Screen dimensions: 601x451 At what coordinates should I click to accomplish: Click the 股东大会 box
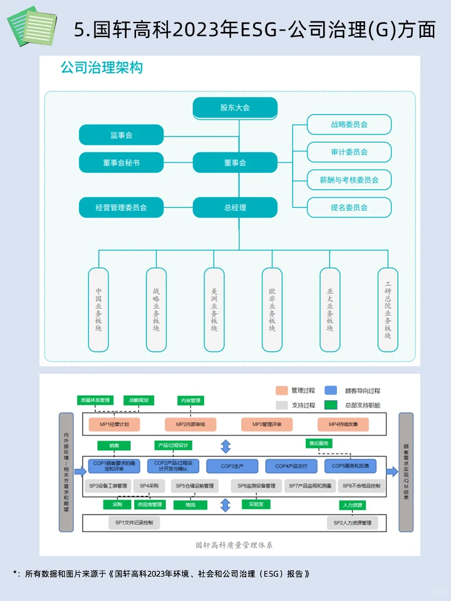235,108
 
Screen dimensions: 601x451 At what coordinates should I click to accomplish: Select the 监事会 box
121,135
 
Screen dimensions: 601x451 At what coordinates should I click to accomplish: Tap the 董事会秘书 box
121,162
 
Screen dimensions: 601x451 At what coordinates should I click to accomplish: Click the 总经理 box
235,207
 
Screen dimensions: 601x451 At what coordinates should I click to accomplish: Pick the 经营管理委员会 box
121,207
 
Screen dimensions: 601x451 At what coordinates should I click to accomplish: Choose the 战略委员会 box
349,124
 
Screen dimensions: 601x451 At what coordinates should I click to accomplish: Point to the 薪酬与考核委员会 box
349,180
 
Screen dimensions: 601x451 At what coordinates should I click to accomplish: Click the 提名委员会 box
349,207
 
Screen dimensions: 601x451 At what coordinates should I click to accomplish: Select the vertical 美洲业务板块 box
214,309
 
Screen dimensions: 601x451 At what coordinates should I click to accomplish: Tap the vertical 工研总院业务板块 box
388,309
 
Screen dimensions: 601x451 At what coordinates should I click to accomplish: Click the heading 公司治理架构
101,68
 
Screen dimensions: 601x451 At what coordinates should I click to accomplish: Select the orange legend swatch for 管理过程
281,391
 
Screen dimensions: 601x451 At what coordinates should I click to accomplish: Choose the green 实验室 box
255,504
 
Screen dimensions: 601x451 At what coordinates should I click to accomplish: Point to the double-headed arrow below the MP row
225,446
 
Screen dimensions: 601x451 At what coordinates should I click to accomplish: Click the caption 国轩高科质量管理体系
234,545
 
